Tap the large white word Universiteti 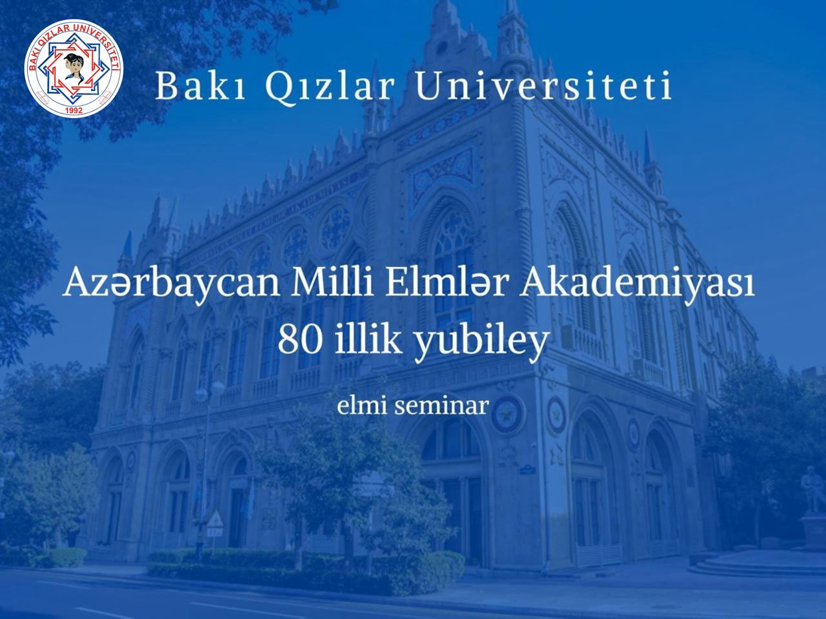(542, 86)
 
